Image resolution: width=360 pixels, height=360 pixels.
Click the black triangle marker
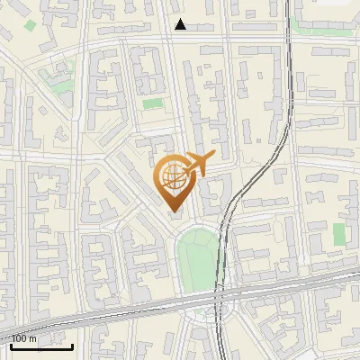click(x=181, y=24)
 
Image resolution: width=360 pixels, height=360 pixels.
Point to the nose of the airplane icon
click(x=212, y=156)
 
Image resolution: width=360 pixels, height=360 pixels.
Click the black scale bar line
click(x=40, y=346)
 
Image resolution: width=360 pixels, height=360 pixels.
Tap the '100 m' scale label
click(x=24, y=338)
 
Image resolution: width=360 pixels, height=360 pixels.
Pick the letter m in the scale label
click(x=33, y=338)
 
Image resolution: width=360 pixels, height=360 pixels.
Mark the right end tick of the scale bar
click(x=72, y=345)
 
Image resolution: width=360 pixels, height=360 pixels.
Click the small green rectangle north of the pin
click(x=153, y=103)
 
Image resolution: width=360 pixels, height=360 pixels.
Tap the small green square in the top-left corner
click(x=30, y=24)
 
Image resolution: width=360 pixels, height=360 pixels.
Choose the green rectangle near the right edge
click(x=339, y=234)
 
